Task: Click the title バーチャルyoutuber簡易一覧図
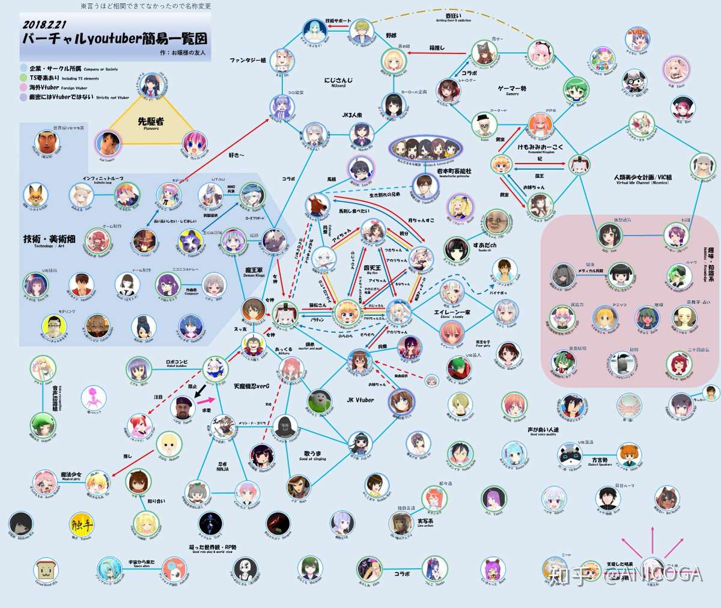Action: point(115,38)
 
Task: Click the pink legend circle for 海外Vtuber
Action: point(23,88)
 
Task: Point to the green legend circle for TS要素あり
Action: point(23,78)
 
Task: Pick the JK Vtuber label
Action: point(360,400)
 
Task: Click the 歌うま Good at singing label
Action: point(312,453)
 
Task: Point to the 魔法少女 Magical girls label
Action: point(71,476)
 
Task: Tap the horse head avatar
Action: point(317,206)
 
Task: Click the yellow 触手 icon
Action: point(82,525)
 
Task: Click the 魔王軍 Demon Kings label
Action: point(254,272)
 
